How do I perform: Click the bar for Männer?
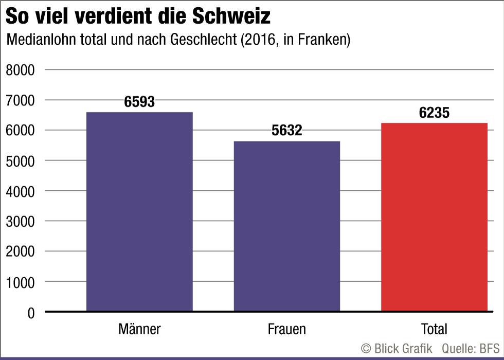tap(139, 211)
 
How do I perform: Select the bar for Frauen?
tap(287, 226)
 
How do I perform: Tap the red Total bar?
tap(434, 217)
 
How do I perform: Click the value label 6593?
tap(139, 102)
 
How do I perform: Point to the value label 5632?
tap(287, 131)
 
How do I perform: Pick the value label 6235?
tap(434, 113)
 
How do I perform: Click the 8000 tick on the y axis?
tap(20, 70)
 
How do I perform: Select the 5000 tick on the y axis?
tap(20, 161)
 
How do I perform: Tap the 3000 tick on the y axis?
tap(20, 222)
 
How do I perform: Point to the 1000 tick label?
tap(20, 282)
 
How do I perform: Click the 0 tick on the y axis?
tap(30, 313)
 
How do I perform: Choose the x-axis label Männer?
tap(139, 329)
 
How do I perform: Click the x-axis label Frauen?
tap(287, 329)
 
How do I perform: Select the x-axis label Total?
tap(434, 329)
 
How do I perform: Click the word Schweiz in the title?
tap(231, 16)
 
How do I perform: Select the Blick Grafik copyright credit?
tap(397, 348)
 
